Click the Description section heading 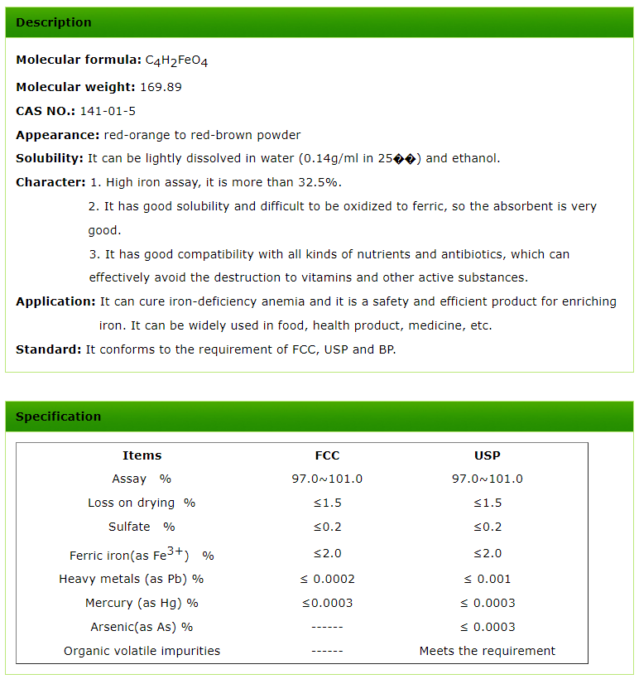click(54, 22)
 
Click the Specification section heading click(58, 417)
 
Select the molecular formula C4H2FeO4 click(176, 60)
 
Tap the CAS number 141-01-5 click(108, 111)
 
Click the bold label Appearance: click(58, 135)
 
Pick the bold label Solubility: click(50, 158)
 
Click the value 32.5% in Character click(322, 182)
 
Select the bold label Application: click(55, 301)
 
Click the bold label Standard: click(49, 349)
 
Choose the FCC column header click(327, 455)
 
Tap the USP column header click(488, 455)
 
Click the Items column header click(142, 455)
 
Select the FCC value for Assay click(327, 479)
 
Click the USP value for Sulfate click(488, 527)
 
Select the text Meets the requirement click(488, 651)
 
